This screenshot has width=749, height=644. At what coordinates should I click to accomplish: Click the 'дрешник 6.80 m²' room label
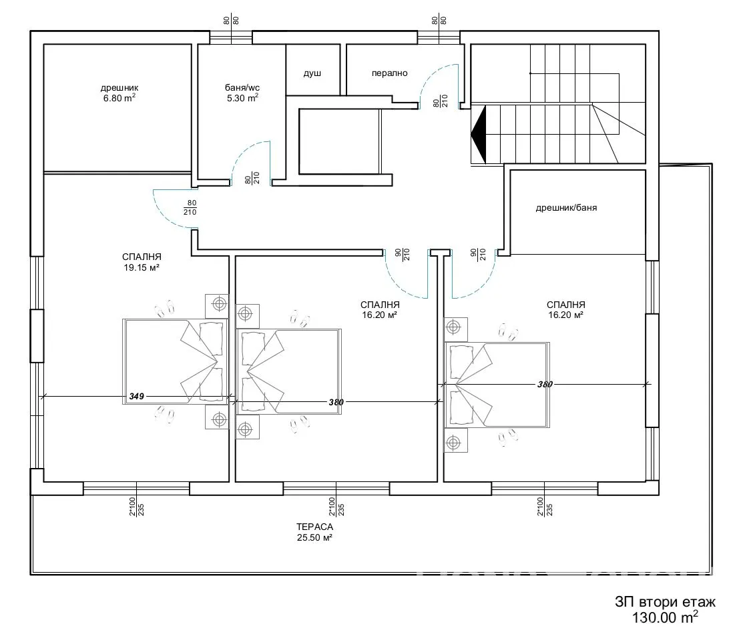coord(119,92)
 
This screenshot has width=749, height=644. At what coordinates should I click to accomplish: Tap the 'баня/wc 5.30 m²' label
coord(242,92)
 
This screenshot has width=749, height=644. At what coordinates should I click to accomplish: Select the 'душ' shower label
coord(312,73)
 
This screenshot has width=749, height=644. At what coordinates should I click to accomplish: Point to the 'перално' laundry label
coord(389,73)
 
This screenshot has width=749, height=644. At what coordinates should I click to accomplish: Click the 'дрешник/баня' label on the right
coord(566,207)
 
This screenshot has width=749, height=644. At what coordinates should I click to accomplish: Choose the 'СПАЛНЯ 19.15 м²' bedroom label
coord(142,262)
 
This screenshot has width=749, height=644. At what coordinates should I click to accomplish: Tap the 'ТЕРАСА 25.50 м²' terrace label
coord(315,532)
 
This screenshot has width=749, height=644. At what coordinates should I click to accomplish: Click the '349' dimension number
coord(137,397)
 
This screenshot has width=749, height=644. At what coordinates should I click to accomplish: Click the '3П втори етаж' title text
coord(664,603)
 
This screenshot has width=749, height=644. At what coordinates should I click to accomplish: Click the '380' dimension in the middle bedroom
coord(336,402)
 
